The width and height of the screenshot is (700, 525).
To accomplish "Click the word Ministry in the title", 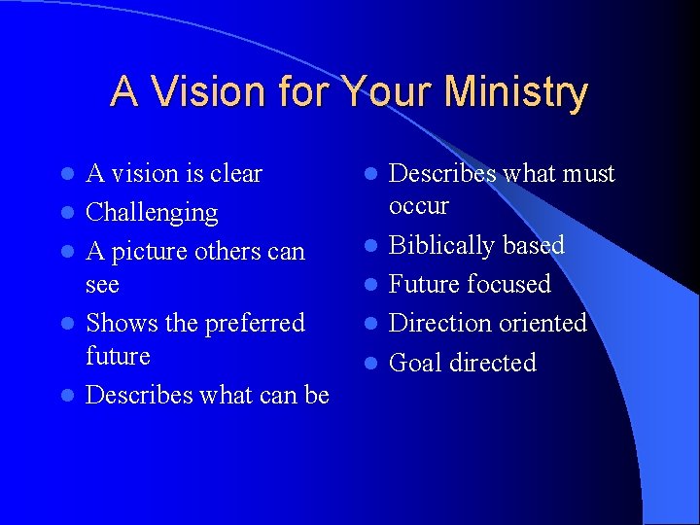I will [516, 92].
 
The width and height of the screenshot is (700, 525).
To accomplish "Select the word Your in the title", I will [386, 92].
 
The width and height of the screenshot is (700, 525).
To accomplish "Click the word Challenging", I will [152, 212].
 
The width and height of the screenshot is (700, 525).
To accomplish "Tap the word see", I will [102, 285].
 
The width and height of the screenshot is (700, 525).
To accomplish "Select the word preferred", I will [254, 323].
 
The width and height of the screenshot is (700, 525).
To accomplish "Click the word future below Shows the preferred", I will [118, 356].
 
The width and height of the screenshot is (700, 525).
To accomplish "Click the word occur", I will [418, 206].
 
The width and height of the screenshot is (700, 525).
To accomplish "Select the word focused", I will [511, 284].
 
